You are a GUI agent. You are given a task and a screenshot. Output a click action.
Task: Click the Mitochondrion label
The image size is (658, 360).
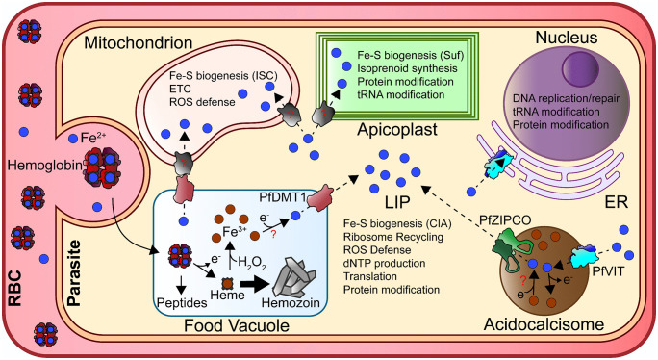(x=139, y=42)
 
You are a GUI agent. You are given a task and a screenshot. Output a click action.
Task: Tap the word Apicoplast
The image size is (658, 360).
(x=397, y=129)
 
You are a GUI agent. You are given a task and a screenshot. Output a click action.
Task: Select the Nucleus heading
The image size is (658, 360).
(x=567, y=38)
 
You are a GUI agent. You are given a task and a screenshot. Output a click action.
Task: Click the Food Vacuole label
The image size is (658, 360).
(x=237, y=325)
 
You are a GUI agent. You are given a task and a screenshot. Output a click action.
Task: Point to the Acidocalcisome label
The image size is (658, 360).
(x=544, y=324)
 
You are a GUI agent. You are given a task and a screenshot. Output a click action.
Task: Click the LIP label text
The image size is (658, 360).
(x=397, y=202)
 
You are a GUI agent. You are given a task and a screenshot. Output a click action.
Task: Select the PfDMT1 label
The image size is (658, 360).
(x=283, y=196)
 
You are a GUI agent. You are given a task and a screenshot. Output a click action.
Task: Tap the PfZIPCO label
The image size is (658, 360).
(x=505, y=220)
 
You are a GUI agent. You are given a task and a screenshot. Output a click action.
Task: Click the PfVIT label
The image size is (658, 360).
(x=608, y=271)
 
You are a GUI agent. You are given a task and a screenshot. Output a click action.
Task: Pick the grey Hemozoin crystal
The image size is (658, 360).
(x=293, y=277)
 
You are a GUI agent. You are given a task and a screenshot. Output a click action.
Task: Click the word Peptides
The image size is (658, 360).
(x=182, y=302)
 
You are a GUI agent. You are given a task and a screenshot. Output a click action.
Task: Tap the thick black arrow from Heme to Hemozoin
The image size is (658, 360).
(x=254, y=284)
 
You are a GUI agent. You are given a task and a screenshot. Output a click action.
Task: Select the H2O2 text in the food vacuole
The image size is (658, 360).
(x=252, y=263)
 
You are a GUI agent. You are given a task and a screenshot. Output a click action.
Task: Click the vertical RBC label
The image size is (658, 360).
(x=15, y=288)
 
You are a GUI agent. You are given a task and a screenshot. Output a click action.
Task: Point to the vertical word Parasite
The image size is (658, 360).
(x=74, y=273)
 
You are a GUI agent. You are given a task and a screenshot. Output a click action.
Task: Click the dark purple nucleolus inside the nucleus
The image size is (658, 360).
(x=580, y=70)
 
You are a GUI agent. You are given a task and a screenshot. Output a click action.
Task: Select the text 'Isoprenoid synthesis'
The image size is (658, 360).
(x=407, y=68)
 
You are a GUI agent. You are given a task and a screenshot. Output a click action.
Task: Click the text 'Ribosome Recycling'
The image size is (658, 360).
(x=393, y=237)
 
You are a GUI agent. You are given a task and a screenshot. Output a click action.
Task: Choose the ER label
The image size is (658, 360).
(x=616, y=202)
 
